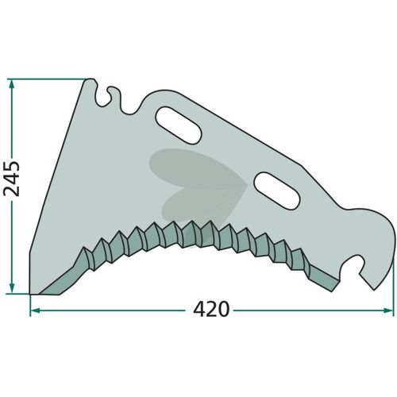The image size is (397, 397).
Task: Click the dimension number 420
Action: [211, 309]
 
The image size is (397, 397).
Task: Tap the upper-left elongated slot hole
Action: [179, 125]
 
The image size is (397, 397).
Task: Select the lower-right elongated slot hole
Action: [277, 191]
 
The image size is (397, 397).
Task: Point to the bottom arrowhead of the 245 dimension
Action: [12, 288]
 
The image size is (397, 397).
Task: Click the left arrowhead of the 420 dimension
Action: [35, 310]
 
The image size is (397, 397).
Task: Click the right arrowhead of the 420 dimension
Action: [388, 310]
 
